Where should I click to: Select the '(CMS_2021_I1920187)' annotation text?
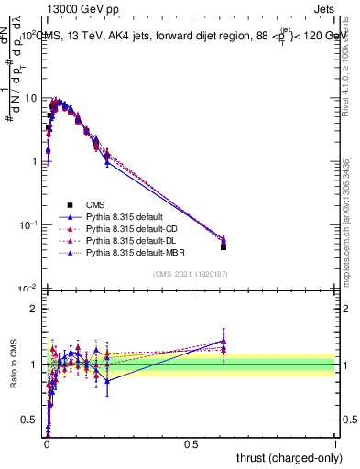pos(191,275)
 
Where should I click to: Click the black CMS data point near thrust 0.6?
pos(224,246)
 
